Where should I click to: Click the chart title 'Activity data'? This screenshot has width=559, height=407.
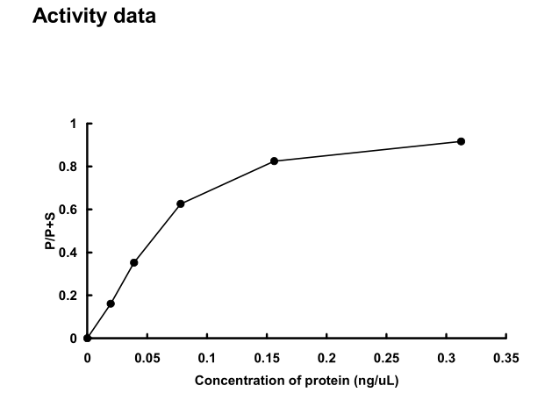94,17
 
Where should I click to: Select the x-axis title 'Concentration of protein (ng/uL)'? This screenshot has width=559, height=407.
297,381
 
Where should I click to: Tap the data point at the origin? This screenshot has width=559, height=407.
87,339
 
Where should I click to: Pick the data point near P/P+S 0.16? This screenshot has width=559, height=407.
111,303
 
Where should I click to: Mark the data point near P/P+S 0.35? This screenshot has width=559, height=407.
134,262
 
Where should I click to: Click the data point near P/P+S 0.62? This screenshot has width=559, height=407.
181,203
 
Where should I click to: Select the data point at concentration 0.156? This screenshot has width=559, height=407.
275,161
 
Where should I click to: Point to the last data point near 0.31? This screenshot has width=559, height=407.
461,141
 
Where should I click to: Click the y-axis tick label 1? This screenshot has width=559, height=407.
75,124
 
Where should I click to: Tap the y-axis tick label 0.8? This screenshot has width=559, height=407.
71,167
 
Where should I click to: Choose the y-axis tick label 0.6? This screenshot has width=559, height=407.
71,210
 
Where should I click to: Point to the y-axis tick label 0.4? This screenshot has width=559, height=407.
71,253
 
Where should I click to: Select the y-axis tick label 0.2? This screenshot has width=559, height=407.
71,296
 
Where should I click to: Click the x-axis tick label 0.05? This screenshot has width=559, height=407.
147,358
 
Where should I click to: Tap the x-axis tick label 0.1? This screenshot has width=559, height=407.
207,358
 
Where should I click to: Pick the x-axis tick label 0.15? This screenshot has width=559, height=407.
267,358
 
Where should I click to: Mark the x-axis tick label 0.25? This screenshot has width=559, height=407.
387,358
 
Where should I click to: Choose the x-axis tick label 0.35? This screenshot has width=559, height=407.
506,358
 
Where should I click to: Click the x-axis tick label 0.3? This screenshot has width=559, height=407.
447,358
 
